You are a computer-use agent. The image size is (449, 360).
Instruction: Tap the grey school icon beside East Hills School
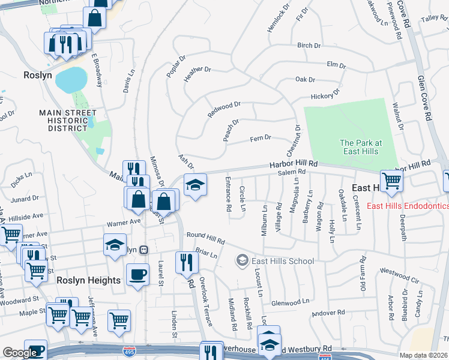[x=242, y=260]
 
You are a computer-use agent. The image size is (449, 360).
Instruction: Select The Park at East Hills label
[x=361, y=147]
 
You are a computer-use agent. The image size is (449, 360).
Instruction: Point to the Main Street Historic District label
[x=68, y=121]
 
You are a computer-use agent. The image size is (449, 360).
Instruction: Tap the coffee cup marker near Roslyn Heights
[x=138, y=275]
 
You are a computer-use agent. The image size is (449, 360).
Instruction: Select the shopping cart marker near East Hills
[x=391, y=180]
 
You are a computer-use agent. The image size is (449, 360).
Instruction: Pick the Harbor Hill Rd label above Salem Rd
[x=293, y=164]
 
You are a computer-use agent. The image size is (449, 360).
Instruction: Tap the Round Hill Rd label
[x=205, y=238]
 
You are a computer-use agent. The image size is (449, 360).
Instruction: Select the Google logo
[x=20, y=353]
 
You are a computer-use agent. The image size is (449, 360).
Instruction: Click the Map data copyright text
[x=424, y=355]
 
